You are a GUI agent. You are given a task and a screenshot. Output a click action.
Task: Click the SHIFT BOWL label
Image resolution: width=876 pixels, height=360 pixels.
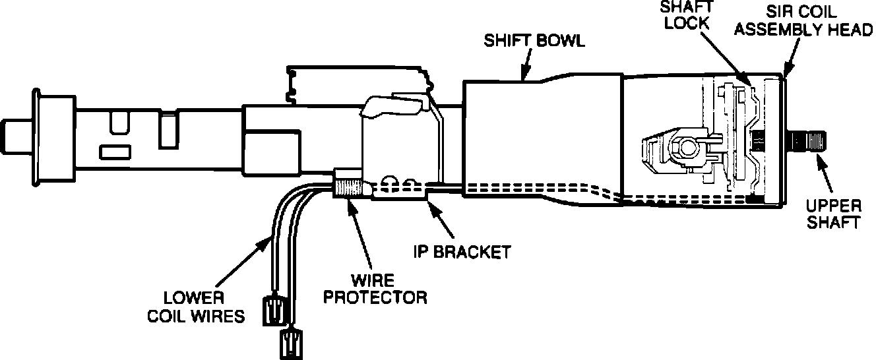pos(535,41)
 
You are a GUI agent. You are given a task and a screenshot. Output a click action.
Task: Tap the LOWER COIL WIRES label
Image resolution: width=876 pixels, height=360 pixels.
pos(195,307)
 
